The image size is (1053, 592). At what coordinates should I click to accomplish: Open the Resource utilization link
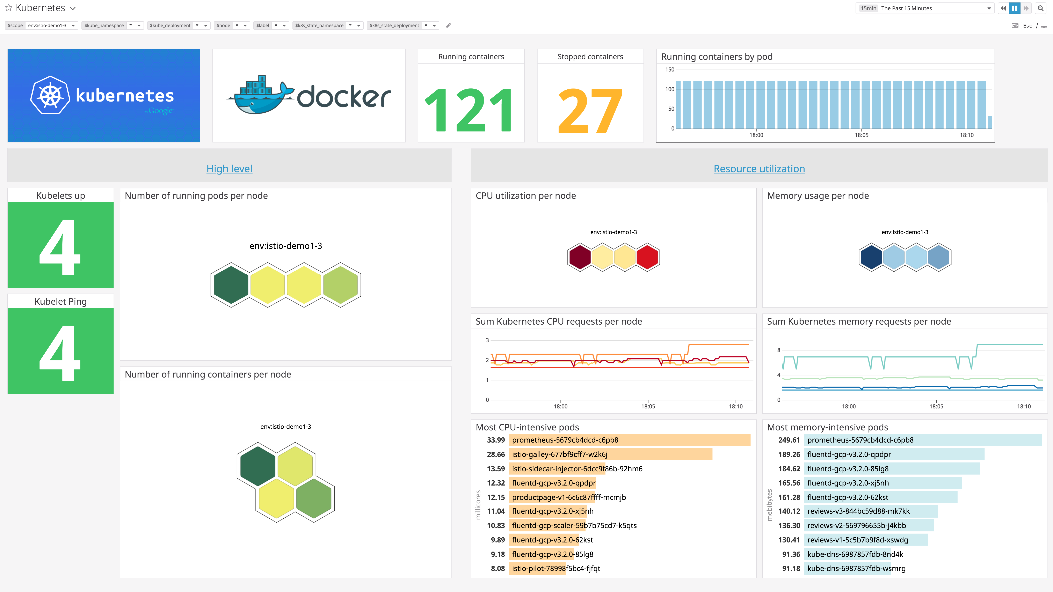pos(759,169)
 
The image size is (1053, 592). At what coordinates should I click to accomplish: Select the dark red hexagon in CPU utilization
pos(580,257)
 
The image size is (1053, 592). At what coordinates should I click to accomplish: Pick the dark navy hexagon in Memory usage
pos(871,257)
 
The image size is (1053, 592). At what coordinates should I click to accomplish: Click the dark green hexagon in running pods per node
pos(231,285)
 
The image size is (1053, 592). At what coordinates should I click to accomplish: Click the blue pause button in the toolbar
pos(1015,8)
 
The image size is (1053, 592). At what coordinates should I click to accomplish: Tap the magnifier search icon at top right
pos(1041,8)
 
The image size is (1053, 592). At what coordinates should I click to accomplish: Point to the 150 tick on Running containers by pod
pos(670,69)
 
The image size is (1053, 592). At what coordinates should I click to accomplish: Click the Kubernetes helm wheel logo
pos(50,95)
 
